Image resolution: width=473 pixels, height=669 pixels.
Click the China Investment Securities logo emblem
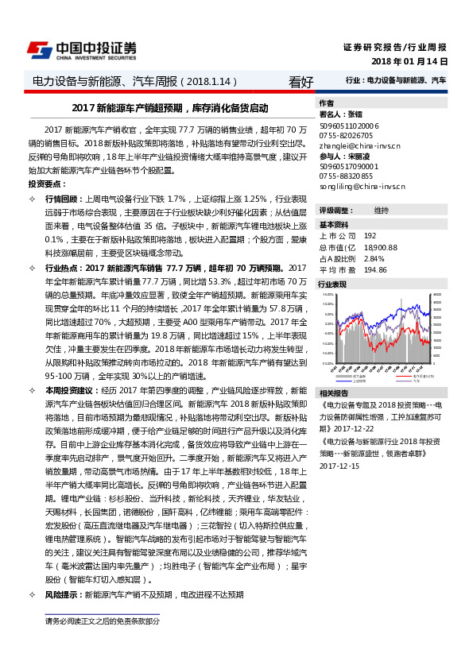coord(40,49)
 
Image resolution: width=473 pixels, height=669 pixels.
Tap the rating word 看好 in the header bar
coord(300,82)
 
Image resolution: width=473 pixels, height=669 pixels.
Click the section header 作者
coord(326,103)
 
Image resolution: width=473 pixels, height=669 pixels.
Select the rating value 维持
coord(382,209)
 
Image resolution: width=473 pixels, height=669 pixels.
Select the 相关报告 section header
coord(333,393)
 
